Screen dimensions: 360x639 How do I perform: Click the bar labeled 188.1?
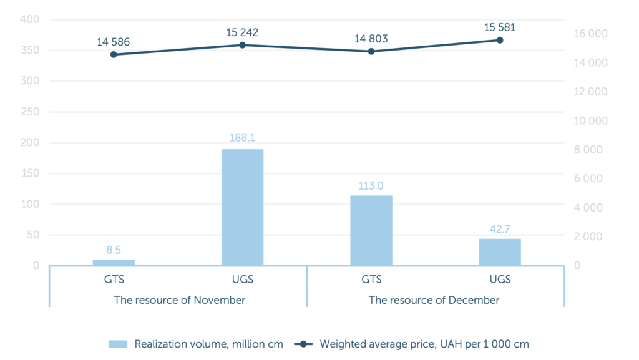[x=242, y=207]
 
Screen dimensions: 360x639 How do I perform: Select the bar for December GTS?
[x=371, y=230]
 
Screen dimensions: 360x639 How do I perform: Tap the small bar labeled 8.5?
[x=114, y=263]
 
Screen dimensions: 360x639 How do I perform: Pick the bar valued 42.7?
[x=499, y=252]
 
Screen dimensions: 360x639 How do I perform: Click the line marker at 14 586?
[x=114, y=54]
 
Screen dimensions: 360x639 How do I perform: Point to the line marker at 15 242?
[x=242, y=45]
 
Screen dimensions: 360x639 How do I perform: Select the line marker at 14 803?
[x=371, y=51]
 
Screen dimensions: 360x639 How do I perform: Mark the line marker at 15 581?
[x=499, y=40]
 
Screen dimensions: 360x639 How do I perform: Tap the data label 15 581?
[x=499, y=27]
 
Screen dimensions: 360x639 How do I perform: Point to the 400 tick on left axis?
[x=30, y=20]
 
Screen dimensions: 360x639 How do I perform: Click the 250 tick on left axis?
[x=30, y=112]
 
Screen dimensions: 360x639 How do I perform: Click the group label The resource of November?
[x=179, y=300]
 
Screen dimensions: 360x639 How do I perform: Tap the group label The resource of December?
[x=434, y=300]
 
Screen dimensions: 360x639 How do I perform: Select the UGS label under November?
[x=242, y=280]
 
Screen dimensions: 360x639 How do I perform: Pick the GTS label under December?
[x=371, y=280]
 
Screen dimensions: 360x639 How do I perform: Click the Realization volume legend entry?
[x=196, y=344]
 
